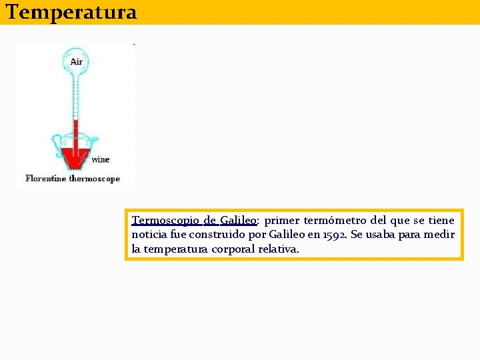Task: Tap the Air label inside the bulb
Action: tap(77, 61)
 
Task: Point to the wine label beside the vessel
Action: tap(100, 159)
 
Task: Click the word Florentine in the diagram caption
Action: tap(46, 178)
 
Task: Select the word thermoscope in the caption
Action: tap(95, 178)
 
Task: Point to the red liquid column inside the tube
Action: tap(76, 133)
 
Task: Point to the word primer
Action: tap(281, 221)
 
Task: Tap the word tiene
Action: tap(441, 221)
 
